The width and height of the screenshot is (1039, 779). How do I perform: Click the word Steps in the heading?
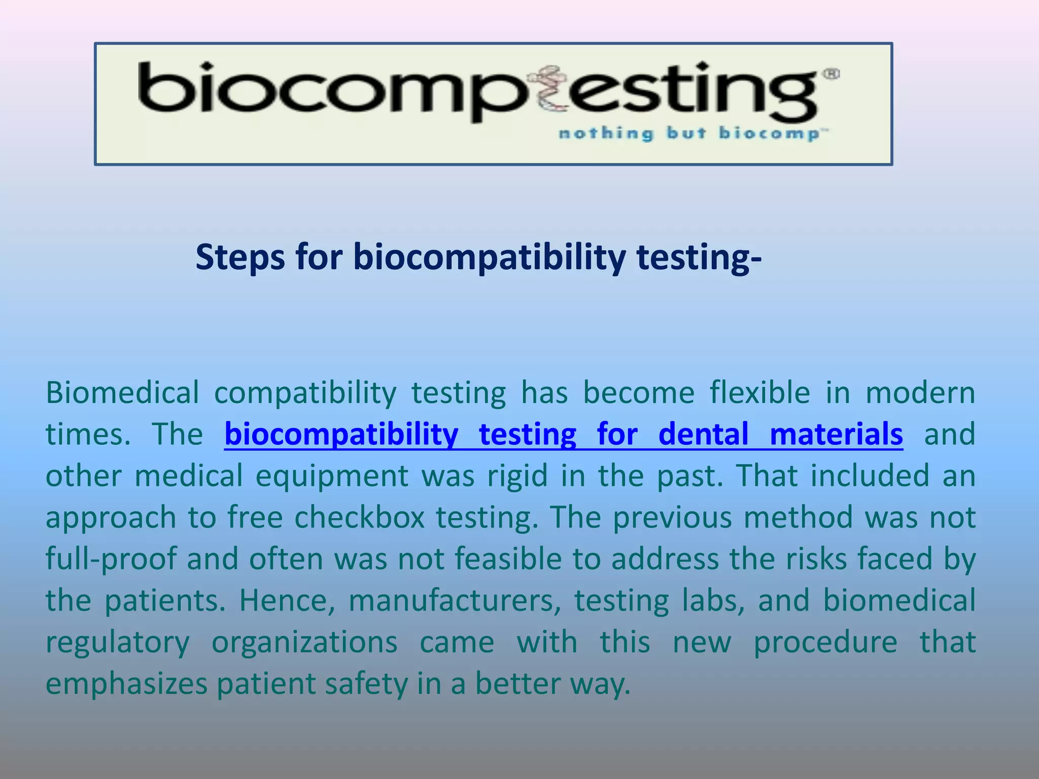coord(240,258)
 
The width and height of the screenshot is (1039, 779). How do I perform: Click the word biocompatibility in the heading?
coord(489,258)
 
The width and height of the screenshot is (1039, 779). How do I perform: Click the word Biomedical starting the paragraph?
coord(122,393)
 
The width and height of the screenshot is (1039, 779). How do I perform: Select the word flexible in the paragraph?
coord(759,393)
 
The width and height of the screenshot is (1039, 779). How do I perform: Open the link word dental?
coord(703,435)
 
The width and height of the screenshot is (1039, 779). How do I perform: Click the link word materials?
coord(836,435)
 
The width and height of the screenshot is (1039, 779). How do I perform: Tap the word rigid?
coord(517,476)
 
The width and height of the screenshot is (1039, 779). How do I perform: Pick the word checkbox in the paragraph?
coord(359,518)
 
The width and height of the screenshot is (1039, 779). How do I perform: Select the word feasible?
coord(508,559)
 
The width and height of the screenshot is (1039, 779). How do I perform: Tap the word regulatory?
coord(118,643)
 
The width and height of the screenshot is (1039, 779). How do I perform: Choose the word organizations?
coord(304,643)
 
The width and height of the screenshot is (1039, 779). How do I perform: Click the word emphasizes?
coord(127,684)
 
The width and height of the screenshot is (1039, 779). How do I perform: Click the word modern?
coord(920,393)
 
